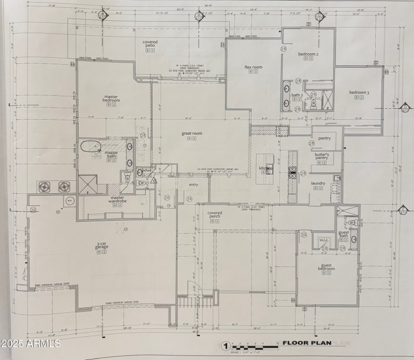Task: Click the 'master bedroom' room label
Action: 111,98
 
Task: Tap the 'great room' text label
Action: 191,134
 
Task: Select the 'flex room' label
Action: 253,67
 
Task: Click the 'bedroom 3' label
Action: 359,93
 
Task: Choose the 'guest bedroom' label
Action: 326,267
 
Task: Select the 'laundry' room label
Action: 318,183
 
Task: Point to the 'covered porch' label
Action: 215,215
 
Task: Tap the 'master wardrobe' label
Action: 116,199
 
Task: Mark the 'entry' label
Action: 194,185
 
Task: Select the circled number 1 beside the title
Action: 225,345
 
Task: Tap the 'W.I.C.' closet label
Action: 325,239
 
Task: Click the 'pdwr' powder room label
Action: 147,170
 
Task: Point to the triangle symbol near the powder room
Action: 154,181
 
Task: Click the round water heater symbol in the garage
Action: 69,200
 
